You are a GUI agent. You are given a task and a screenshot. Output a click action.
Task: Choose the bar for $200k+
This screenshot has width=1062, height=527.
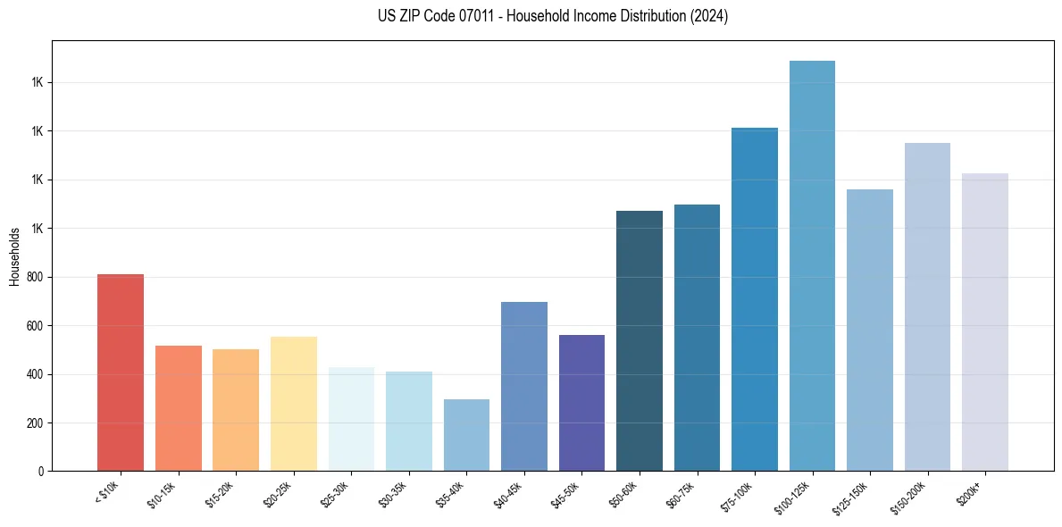tap(985, 322)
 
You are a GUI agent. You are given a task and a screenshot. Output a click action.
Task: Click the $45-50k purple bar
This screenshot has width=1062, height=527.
tap(581, 403)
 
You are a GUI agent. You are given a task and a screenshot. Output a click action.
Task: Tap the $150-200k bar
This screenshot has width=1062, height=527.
tap(927, 307)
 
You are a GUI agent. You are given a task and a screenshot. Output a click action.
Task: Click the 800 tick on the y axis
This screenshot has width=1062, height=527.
tap(35, 277)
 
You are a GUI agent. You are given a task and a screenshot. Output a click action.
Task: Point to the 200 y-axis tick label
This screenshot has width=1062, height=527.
tap(35, 422)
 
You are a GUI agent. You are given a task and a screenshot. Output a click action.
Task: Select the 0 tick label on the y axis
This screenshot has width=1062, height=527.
tap(40, 472)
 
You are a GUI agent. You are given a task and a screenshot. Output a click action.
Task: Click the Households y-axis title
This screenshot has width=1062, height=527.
tap(14, 256)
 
